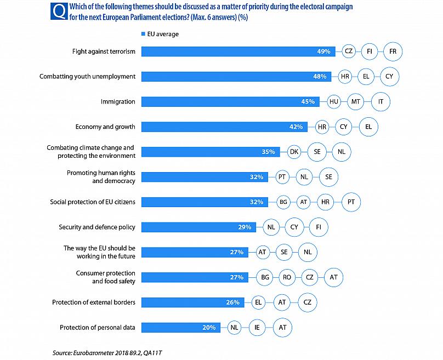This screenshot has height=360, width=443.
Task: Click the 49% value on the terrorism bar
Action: [323, 52]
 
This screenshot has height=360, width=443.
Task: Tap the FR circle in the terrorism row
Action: [393, 52]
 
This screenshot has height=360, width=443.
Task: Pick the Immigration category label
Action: [118, 101]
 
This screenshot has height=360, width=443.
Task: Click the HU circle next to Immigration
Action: [333, 101]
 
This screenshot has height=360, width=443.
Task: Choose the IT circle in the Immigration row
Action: [381, 101]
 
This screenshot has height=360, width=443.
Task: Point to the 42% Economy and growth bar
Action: [225, 127]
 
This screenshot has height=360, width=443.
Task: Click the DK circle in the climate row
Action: [294, 152]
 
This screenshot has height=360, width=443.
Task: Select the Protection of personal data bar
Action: [181, 328]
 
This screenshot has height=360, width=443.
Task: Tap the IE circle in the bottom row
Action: [257, 328]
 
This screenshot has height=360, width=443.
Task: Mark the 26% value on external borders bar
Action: [232, 302]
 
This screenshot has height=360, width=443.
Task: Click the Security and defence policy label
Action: [97, 227]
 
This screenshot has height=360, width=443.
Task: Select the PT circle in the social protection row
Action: [351, 202]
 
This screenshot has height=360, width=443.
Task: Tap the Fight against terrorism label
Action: [104, 52]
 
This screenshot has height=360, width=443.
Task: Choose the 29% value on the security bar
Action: [245, 227]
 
